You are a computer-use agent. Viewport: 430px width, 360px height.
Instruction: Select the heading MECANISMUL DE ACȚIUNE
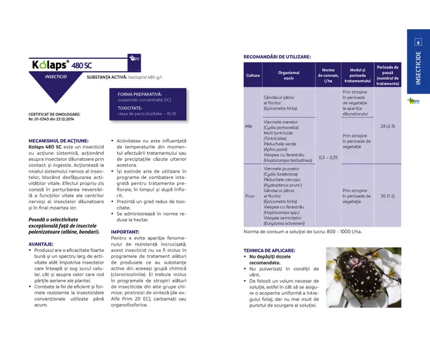click(x=59, y=141)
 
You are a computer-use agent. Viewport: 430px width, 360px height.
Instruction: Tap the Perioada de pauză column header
click(x=387, y=75)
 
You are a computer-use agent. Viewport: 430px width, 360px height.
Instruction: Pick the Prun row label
click(x=250, y=195)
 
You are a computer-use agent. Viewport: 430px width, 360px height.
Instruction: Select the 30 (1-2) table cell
click(x=387, y=195)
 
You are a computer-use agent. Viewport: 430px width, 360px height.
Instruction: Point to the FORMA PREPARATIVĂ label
click(x=140, y=94)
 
